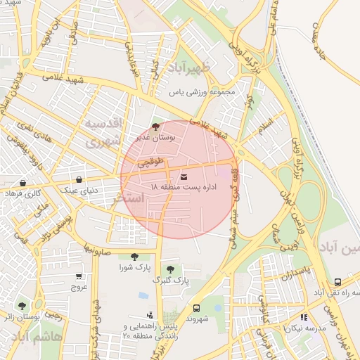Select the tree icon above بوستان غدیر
[x=155, y=127]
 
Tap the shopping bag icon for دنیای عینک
[x=78, y=179]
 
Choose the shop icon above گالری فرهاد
[x=23, y=183]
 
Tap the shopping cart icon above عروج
[x=78, y=276]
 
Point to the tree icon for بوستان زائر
[x=22, y=306]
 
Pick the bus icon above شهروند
[x=195, y=308]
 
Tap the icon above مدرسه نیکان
[x=304, y=317]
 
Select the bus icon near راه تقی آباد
[x=338, y=281]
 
